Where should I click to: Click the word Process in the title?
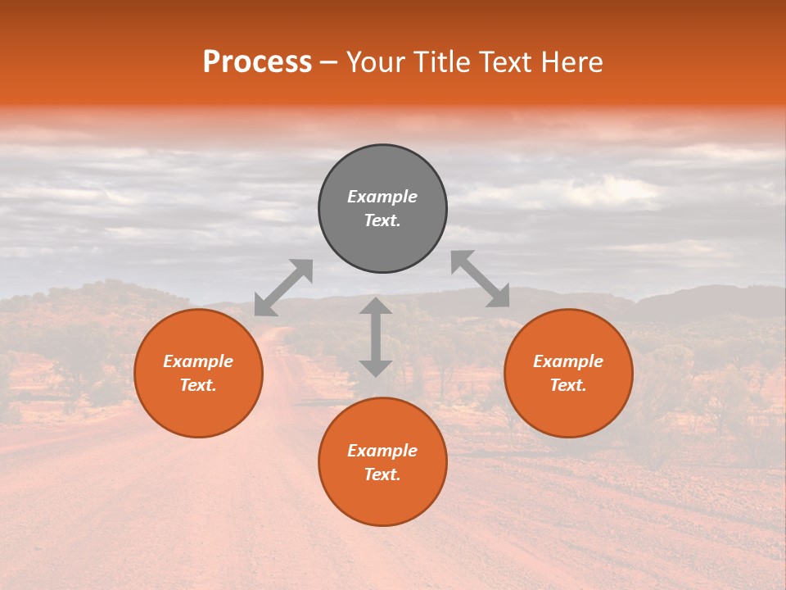pos(257,62)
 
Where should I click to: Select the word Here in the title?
pos(571,62)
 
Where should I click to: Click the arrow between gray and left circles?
pos(283,288)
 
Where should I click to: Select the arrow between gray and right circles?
pos(481,279)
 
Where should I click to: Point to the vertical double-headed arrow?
pos(376,337)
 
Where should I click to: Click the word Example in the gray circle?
pos(382,197)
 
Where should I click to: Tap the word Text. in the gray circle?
pos(382,220)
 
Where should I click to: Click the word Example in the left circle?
pos(198,361)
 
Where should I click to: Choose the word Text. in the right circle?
pos(568,385)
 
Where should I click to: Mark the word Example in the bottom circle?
pos(382,451)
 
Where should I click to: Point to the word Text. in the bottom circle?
pos(382,474)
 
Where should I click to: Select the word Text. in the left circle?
pos(198,385)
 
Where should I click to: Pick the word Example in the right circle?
pos(568,361)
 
